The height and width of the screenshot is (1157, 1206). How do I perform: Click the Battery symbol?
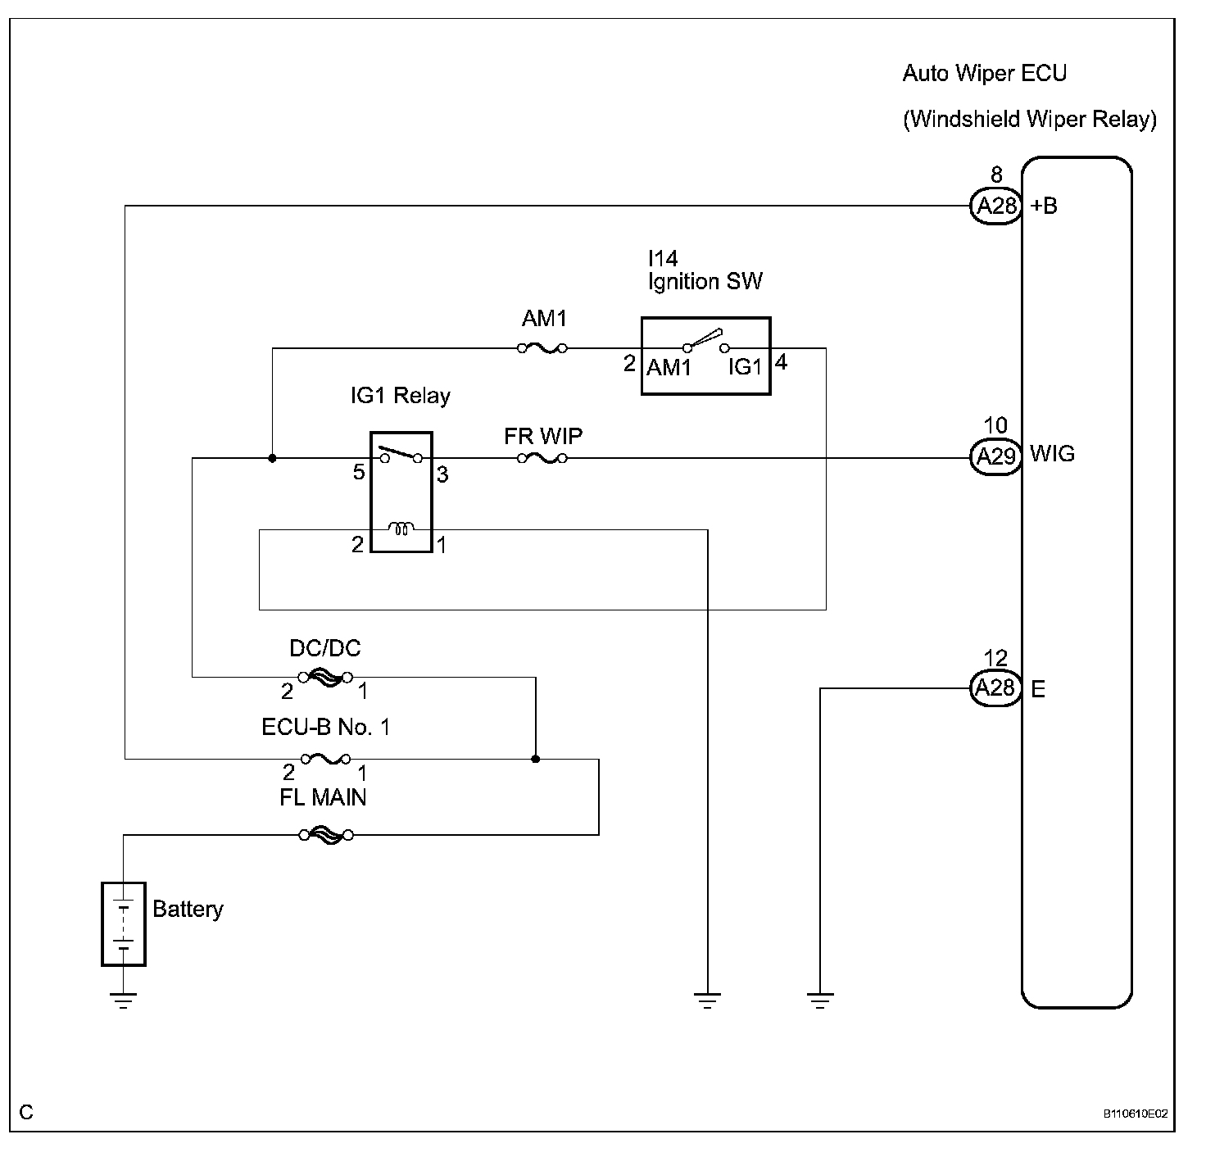(x=124, y=923)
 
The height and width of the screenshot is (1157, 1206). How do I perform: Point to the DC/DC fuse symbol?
(x=325, y=677)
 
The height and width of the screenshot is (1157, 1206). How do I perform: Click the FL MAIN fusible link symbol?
(x=326, y=835)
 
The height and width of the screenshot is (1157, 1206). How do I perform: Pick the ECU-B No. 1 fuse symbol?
(x=326, y=760)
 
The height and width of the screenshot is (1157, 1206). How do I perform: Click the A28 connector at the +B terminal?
(x=996, y=206)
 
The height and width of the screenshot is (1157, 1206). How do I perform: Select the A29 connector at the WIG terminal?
(x=996, y=456)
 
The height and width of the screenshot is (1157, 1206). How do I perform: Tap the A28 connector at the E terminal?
(x=996, y=688)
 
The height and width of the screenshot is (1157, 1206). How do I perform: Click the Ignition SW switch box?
(x=705, y=356)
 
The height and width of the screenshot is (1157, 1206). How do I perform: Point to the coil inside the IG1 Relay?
(x=401, y=529)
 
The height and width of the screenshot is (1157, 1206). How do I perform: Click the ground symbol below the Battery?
(x=124, y=1000)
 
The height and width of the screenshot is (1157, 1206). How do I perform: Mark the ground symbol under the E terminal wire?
(x=820, y=1000)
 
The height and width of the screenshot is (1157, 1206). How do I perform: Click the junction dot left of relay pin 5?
(x=272, y=458)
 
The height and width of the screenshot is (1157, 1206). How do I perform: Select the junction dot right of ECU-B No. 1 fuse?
(x=536, y=760)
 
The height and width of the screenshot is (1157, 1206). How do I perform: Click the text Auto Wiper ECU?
(x=984, y=73)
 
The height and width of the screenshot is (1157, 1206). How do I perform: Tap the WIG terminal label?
(x=1052, y=454)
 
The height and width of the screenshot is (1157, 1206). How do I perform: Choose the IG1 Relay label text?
(x=400, y=397)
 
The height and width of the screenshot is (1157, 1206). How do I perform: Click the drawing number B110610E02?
(x=1135, y=1114)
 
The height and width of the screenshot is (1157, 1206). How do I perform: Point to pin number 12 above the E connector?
(x=995, y=659)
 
